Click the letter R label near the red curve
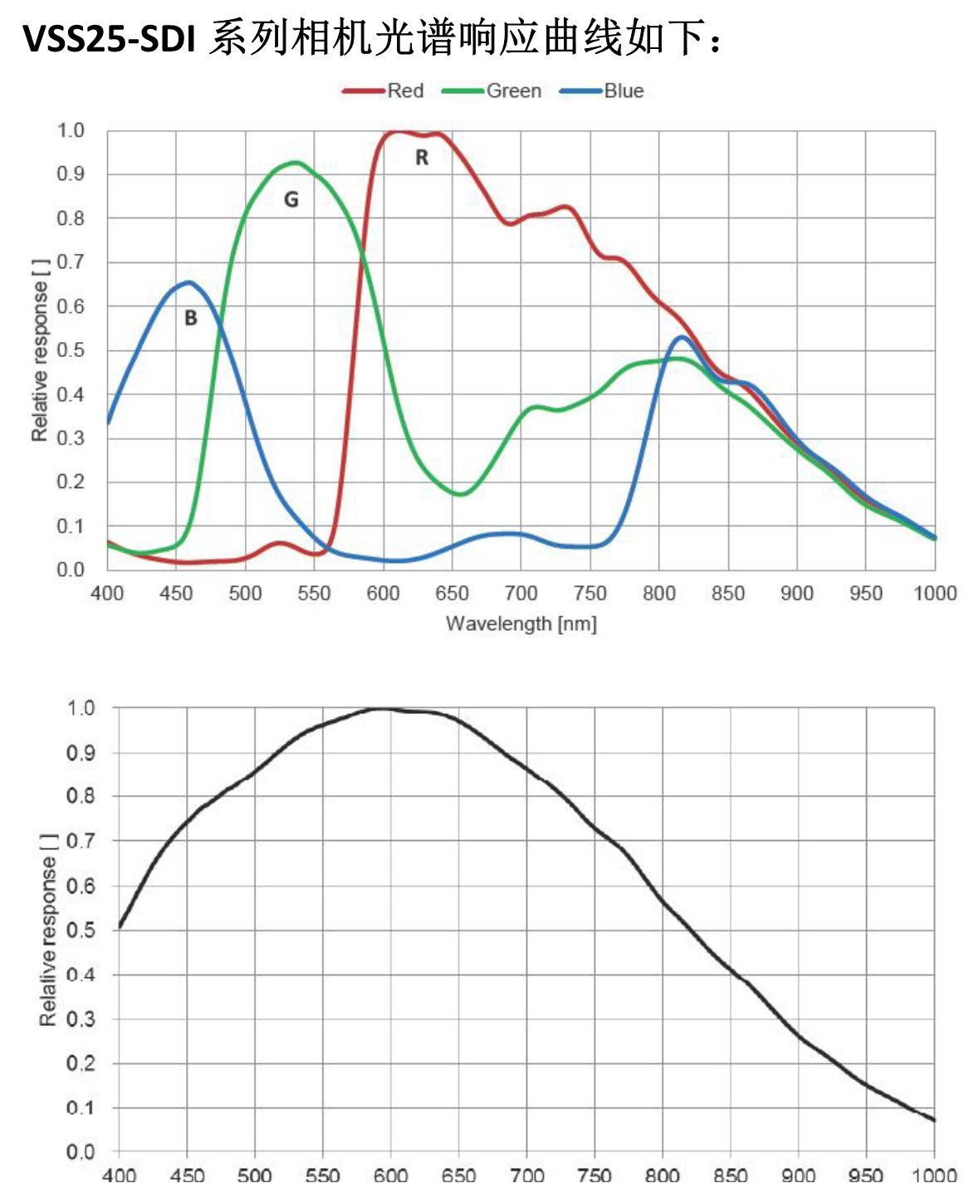coord(422,158)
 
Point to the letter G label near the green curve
coord(291,200)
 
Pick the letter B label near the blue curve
coord(190,318)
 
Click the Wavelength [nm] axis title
coord(521,623)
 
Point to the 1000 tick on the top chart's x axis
coord(935,594)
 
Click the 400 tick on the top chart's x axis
coord(107,594)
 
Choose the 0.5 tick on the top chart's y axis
coord(71,350)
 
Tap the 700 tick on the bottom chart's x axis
coord(526,1175)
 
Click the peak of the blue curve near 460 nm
coord(189,282)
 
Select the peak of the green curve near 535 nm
coord(295,162)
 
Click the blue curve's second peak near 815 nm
coord(682,336)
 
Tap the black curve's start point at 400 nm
coord(120,926)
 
